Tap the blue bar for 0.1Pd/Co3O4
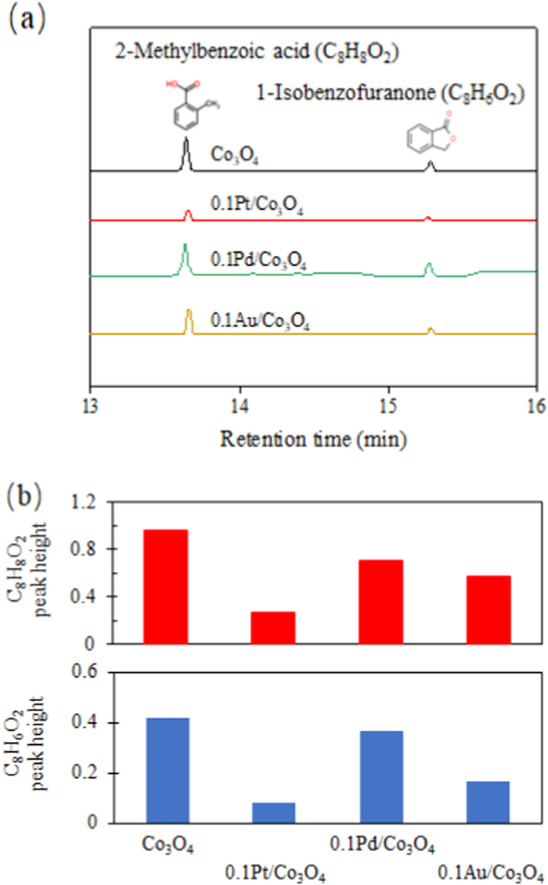coord(381,776)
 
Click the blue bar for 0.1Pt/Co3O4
coord(273,812)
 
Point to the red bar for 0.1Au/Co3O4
coord(489,610)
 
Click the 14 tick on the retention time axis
coord(240,397)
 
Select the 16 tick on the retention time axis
coord(536,397)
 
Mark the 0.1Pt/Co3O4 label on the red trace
coord(258,208)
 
